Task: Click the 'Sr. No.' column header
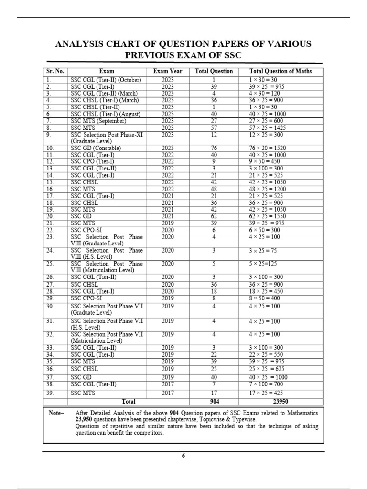tap(55, 71)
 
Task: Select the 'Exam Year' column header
tap(168, 71)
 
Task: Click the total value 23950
tap(281, 402)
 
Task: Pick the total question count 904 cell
tap(214, 402)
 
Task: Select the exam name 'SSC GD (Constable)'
tap(96, 149)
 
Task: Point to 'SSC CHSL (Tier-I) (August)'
tap(107, 115)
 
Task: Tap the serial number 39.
tap(51, 393)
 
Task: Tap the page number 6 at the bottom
tap(183, 456)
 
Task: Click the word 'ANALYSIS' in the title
tap(79, 44)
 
